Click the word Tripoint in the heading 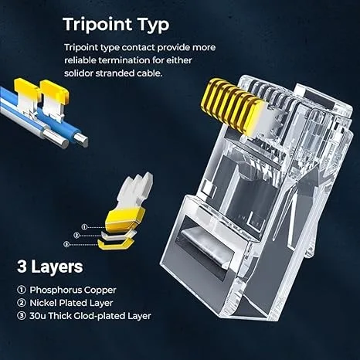(x=98, y=25)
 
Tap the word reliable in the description (x=80, y=60)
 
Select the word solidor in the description (x=79, y=73)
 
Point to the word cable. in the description (x=149, y=73)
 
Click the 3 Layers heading (x=50, y=267)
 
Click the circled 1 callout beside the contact (x=84, y=227)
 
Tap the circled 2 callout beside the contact (x=76, y=235)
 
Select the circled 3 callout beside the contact (x=66, y=244)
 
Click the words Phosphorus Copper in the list (x=73, y=290)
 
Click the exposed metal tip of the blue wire (x=81, y=141)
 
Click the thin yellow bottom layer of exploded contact (x=115, y=244)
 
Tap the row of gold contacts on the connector (x=233, y=107)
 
